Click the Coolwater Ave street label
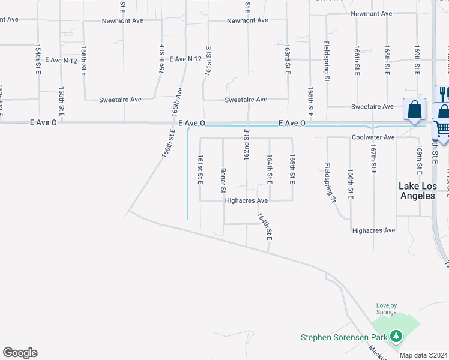tap(373, 137)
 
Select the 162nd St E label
tap(246, 147)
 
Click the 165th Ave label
tap(177, 103)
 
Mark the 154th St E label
tap(38, 59)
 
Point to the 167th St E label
tap(373, 159)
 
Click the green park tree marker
tap(396, 336)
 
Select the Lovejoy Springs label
tap(387, 308)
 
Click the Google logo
tap(20, 353)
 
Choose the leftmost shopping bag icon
tap(414, 110)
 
